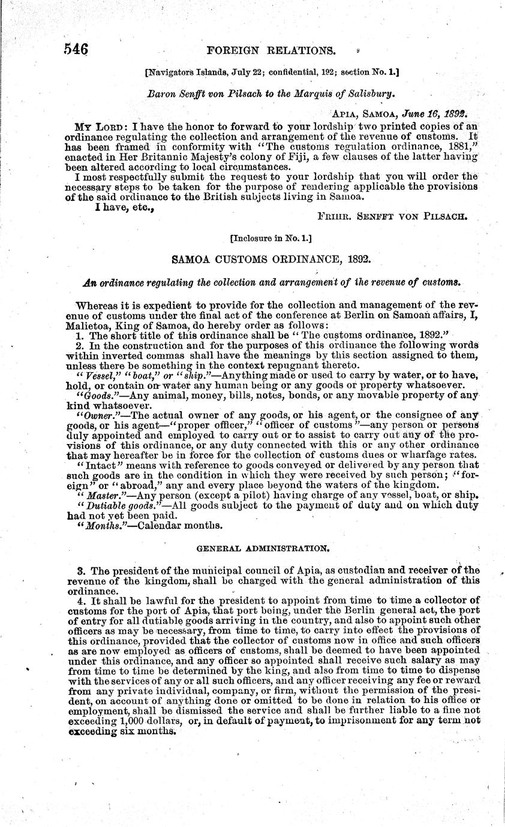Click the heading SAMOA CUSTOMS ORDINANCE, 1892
coord(271,260)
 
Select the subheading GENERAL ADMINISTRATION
coord(270,548)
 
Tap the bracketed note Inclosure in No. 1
coord(270,238)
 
